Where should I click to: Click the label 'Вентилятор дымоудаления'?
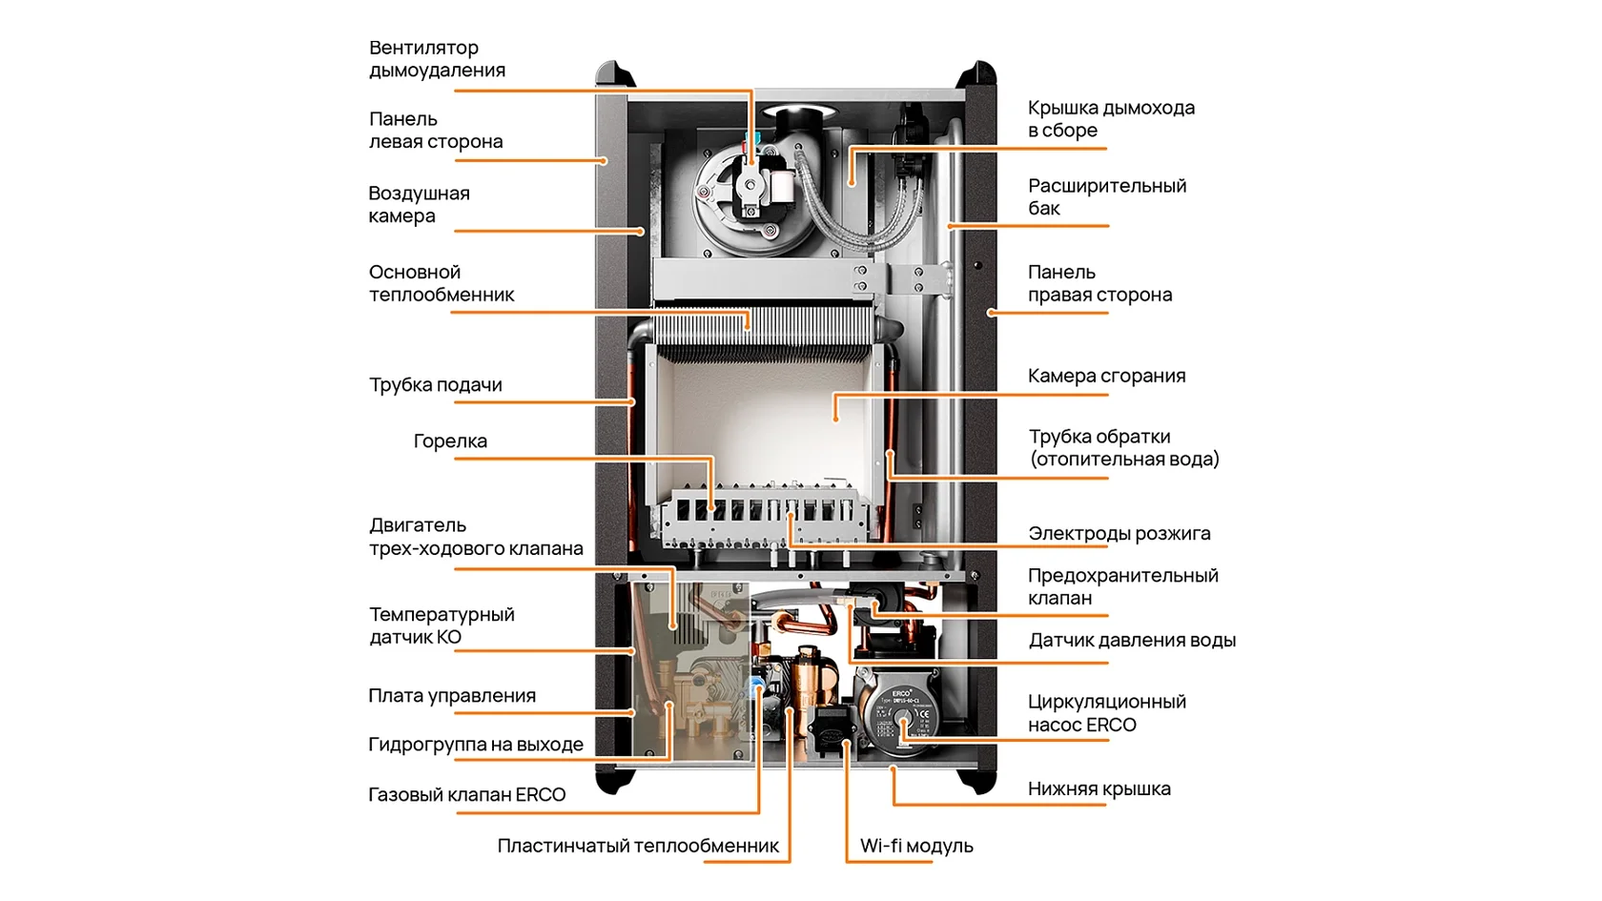click(x=437, y=59)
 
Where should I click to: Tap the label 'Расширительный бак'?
click(x=1106, y=197)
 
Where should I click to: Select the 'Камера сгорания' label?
click(x=1106, y=376)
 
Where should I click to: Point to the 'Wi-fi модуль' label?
click(x=915, y=846)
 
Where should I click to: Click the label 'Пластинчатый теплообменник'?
click(x=637, y=846)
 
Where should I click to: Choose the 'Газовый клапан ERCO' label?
click(x=466, y=795)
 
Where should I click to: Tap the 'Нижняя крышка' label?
click(x=1099, y=789)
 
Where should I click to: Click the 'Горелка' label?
click(x=450, y=441)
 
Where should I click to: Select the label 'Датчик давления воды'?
click(x=1131, y=641)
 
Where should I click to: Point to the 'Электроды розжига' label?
click(x=1119, y=534)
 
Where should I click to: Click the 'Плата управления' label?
click(x=452, y=696)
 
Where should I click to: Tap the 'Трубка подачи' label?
click(x=435, y=385)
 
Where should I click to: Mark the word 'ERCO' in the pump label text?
click(x=1111, y=726)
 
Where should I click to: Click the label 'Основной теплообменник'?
click(x=441, y=284)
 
